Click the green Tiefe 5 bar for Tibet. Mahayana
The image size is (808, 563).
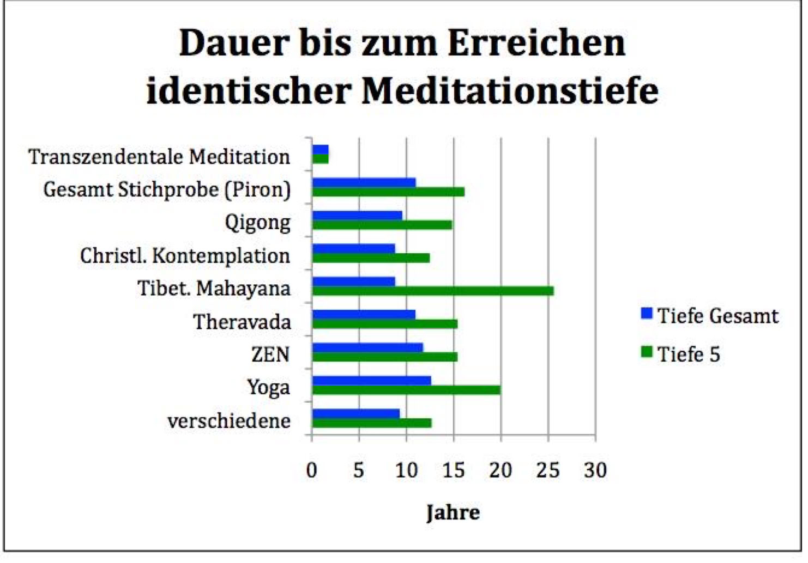[x=433, y=291]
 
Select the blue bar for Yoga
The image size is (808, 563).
[x=371, y=380]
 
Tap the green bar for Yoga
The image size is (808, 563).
[x=406, y=390]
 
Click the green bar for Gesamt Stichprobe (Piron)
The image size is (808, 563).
[x=388, y=192]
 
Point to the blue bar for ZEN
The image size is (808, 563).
[x=367, y=347]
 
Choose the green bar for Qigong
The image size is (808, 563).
[x=382, y=225]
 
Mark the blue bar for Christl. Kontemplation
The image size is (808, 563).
[x=353, y=248]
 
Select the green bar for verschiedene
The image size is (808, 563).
[x=372, y=423]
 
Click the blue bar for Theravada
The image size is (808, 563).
[x=364, y=314]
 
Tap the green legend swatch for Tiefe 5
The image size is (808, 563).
[x=647, y=352]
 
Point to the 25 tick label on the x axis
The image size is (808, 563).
[x=548, y=470]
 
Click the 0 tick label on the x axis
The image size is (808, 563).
[x=311, y=470]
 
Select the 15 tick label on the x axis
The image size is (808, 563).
[x=454, y=470]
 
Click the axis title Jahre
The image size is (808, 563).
[x=453, y=512]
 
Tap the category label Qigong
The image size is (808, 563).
[x=257, y=223]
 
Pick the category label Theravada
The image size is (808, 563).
[x=242, y=322]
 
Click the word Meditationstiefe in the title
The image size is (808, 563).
[x=510, y=90]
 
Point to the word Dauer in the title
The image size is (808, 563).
[x=234, y=43]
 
